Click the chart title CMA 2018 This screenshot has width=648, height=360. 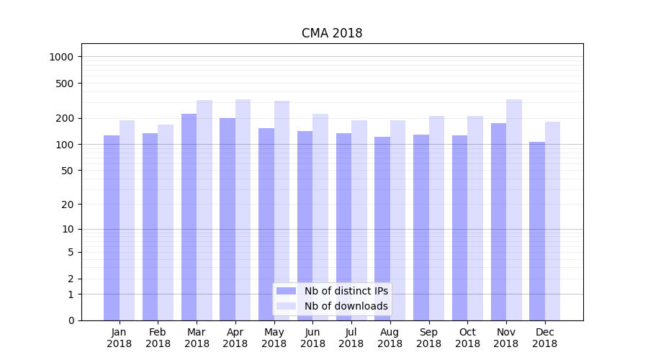tap(332, 34)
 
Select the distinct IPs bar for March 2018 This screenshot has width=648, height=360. tap(189, 216)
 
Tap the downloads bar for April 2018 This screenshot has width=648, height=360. tap(243, 209)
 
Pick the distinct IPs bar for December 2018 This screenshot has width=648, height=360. tap(537, 230)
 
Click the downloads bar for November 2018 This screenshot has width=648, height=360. tap(514, 209)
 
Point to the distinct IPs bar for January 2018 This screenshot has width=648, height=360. tap(112, 227)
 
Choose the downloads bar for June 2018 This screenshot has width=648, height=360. tap(320, 216)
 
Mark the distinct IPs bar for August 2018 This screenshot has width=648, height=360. tap(382, 228)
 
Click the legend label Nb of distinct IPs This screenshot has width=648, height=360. tap(346, 291)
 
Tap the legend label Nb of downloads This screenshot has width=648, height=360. tap(346, 306)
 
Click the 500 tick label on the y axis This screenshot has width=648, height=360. tap(66, 84)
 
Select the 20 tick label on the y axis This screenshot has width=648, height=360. tap(69, 204)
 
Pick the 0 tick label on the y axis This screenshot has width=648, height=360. tap(71, 320)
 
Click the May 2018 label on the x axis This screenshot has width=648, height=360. tap(274, 338)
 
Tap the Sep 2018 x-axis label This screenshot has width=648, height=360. tap(428, 338)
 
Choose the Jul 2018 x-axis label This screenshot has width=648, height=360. tap(351, 338)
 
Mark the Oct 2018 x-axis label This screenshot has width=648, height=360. tap(467, 338)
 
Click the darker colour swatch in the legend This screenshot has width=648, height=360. tap(287, 291)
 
